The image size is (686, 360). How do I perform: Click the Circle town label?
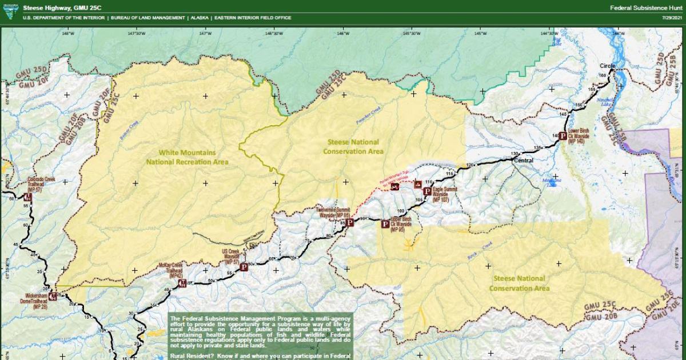tap(607, 66)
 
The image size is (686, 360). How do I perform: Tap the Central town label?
tap(524, 161)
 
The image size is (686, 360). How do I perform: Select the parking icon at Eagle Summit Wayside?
tap(427, 191)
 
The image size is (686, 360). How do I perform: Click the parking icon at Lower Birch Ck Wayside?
tap(563, 136)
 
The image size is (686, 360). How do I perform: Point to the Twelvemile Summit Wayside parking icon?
tap(350, 223)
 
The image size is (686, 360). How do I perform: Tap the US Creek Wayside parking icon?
tap(244, 266)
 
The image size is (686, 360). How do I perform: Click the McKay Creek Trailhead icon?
tap(182, 283)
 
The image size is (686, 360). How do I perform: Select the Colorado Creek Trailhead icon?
tap(27, 197)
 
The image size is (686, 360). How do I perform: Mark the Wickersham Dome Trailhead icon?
tap(53, 296)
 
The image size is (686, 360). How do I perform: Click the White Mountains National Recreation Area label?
tap(187, 157)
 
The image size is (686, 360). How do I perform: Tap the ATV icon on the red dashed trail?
tap(394, 187)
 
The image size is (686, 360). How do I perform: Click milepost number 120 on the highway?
tap(470, 165)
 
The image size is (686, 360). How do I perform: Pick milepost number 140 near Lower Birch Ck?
tap(555, 135)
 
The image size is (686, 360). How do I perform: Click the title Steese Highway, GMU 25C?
tap(54, 7)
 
